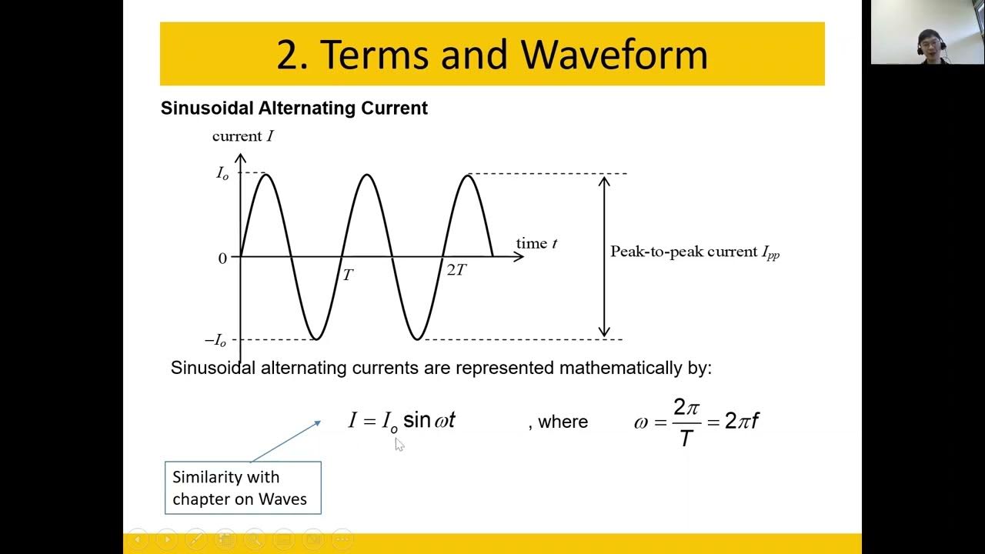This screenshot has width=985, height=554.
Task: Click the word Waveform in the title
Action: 614,55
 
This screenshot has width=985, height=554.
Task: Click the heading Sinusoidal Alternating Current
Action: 294,108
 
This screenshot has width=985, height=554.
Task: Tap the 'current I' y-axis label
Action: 242,137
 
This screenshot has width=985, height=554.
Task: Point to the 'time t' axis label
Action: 536,244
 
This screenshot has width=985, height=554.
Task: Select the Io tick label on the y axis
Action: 222,174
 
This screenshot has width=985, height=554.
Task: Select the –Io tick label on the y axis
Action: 215,340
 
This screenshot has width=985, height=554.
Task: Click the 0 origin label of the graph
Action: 222,259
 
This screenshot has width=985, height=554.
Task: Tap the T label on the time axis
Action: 348,275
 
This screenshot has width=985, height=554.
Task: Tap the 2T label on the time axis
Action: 456,270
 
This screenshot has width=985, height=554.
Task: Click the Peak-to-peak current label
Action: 695,252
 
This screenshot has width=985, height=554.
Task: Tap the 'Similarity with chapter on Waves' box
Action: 242,488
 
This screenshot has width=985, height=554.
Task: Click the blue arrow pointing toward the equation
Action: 285,442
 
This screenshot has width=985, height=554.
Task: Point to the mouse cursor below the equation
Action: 399,444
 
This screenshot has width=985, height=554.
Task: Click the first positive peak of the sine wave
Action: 266,175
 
